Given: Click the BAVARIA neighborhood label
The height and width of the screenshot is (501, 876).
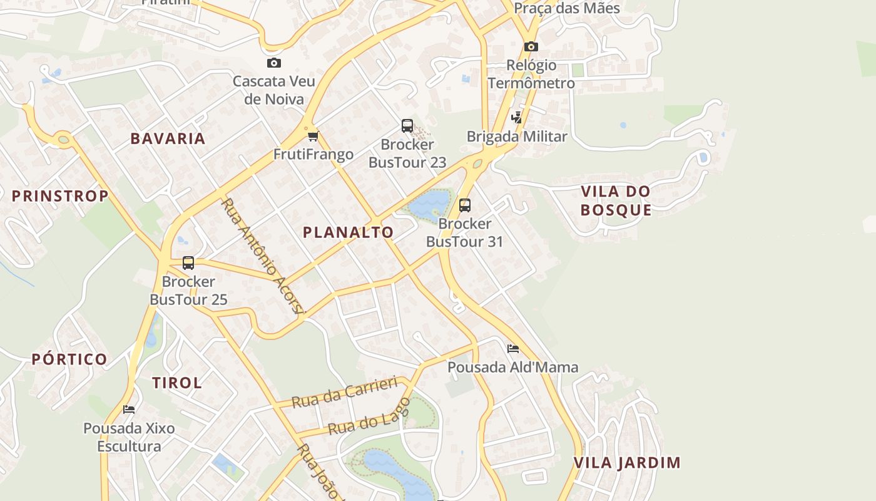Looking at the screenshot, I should (168, 138).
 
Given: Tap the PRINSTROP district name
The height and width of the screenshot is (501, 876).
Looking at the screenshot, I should (60, 196).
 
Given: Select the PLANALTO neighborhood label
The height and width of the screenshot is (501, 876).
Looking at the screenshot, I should (349, 232).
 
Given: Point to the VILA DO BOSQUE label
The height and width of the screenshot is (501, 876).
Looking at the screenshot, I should (616, 200).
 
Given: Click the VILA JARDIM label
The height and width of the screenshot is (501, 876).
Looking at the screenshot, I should (627, 463).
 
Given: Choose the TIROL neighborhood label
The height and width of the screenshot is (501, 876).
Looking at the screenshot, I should (177, 383).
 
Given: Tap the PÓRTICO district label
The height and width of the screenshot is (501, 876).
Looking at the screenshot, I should (69, 359).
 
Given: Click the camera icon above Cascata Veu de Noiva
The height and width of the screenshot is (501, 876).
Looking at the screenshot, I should (273, 63).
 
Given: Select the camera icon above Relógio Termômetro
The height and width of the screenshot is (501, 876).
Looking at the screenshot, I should (531, 46).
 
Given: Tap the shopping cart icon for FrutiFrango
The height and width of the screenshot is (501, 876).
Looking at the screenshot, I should (313, 136).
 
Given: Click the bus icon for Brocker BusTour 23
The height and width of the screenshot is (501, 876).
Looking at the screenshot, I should (407, 126).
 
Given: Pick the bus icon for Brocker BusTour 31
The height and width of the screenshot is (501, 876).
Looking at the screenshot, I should (464, 205).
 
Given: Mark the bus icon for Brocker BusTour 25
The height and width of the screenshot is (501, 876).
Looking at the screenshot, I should (188, 263).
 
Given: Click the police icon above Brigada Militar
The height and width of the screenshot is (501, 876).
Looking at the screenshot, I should (516, 117).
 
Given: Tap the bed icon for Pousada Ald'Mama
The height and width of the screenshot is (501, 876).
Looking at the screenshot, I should (513, 348).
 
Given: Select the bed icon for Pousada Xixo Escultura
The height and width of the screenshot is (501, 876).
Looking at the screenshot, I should (129, 410).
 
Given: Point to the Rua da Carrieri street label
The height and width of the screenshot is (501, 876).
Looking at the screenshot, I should (344, 392).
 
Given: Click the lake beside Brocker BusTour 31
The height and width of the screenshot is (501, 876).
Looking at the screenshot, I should (429, 203).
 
